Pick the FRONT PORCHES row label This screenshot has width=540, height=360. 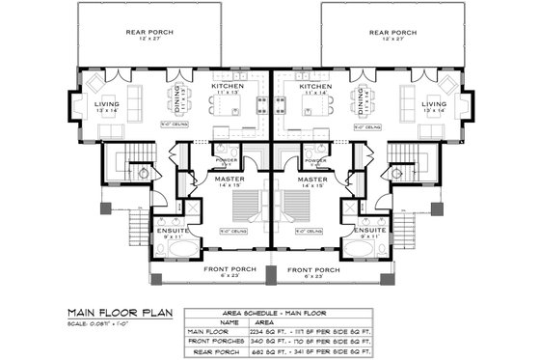[216, 341]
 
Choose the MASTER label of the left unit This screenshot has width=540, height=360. [229, 180]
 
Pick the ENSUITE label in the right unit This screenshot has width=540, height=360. [370, 230]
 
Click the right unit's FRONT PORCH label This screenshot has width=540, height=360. [312, 270]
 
